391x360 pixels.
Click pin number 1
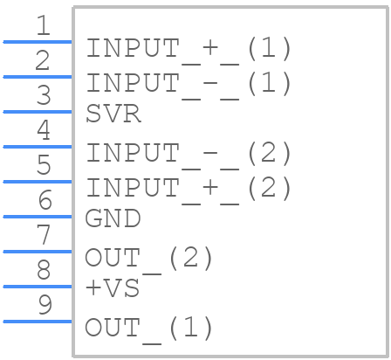44,25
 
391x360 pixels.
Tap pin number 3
44,95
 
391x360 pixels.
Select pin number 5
44,165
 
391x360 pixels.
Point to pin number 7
44,235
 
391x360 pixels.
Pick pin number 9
45,305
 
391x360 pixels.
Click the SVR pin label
113,114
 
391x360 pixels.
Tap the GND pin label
113,218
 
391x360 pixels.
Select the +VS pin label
113,287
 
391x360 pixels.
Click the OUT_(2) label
149,259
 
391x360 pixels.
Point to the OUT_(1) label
149,329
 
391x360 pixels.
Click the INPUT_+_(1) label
189,49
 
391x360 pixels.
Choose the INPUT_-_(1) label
189,84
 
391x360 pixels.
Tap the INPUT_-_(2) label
189,154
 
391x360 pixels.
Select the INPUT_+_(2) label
189,189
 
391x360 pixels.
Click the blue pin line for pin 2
38,77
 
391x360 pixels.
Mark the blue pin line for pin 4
38,147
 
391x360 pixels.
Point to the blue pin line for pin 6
38,217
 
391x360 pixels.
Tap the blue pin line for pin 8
38,287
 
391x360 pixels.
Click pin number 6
45,200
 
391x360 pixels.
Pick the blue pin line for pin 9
38,322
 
